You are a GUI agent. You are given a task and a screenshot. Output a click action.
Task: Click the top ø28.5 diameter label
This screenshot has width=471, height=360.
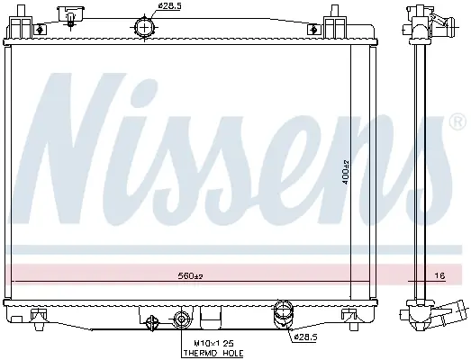click(x=169, y=5)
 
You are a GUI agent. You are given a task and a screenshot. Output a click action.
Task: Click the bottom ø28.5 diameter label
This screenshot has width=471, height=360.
click(x=306, y=337)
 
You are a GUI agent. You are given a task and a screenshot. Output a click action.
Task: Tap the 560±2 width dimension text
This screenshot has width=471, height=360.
click(x=190, y=275)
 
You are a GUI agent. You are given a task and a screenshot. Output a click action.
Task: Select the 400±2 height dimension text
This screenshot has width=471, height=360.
click(x=346, y=172)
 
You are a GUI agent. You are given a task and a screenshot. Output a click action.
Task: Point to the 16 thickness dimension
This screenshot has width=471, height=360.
click(x=439, y=275)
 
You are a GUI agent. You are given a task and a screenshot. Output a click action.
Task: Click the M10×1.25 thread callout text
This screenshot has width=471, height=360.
click(x=213, y=343)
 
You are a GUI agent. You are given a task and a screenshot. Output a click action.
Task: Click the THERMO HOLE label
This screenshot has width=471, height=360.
click(x=213, y=353)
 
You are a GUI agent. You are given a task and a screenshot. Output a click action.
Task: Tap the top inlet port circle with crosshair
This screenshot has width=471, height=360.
click(x=144, y=28)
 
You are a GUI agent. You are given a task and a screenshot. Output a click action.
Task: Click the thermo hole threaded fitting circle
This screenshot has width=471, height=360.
click(x=181, y=319)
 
